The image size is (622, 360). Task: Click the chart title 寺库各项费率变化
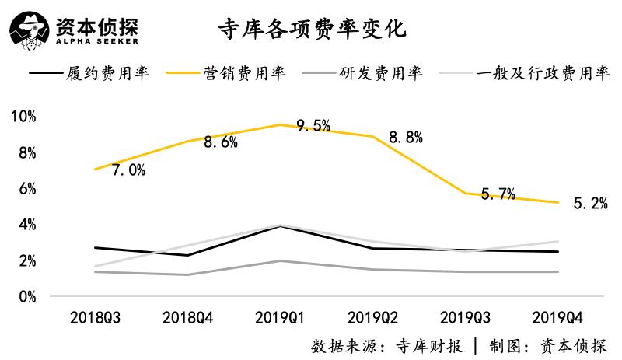click(311, 30)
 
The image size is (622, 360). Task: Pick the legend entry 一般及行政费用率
click(542, 74)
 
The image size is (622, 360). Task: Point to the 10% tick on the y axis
click(23, 117)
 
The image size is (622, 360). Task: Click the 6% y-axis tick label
click(26, 189)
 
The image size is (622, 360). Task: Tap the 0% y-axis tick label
click(26, 297)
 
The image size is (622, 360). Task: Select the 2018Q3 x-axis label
click(95, 319)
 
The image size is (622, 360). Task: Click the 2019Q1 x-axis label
click(280, 319)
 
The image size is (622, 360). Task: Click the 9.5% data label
click(313, 125)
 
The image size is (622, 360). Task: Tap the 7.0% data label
click(128, 170)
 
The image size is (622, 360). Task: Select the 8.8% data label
click(405, 138)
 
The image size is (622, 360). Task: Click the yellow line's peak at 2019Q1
click(280, 124)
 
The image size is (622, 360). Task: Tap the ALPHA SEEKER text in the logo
click(97, 41)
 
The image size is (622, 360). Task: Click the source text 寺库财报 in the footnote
click(431, 344)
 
